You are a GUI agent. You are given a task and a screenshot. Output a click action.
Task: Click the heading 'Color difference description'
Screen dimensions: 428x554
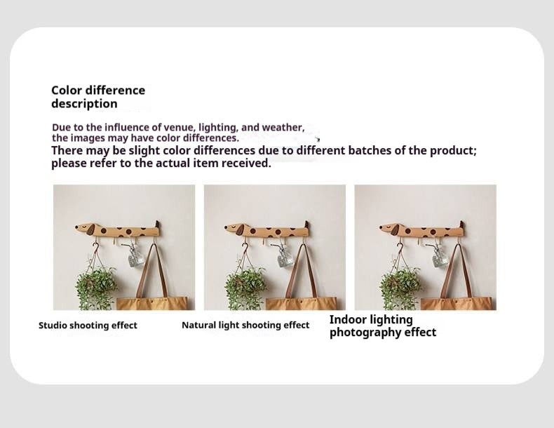[x=98, y=97]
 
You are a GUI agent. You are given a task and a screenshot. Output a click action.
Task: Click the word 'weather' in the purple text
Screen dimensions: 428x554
[x=283, y=128]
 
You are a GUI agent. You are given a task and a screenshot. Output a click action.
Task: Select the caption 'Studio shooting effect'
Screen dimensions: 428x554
[x=88, y=326]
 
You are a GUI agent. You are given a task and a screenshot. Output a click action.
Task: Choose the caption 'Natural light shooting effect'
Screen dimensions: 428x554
[x=245, y=326]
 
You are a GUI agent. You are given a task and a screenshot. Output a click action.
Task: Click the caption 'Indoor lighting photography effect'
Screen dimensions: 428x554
[x=383, y=326]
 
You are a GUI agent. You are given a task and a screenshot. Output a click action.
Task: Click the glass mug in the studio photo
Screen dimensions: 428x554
[x=135, y=256]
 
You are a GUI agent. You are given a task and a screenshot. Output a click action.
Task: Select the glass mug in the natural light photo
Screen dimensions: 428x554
[x=285, y=257]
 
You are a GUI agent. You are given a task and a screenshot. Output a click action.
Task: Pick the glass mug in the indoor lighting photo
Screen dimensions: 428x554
[x=440, y=257]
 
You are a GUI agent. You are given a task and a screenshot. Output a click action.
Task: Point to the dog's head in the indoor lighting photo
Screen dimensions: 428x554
[x=390, y=228]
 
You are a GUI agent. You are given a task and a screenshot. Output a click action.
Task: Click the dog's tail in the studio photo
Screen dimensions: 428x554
[x=156, y=225]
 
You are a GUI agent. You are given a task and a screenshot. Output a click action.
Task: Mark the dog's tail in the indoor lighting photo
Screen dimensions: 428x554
[x=461, y=225]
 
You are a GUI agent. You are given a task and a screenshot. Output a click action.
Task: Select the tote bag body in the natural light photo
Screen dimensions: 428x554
[x=302, y=303]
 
